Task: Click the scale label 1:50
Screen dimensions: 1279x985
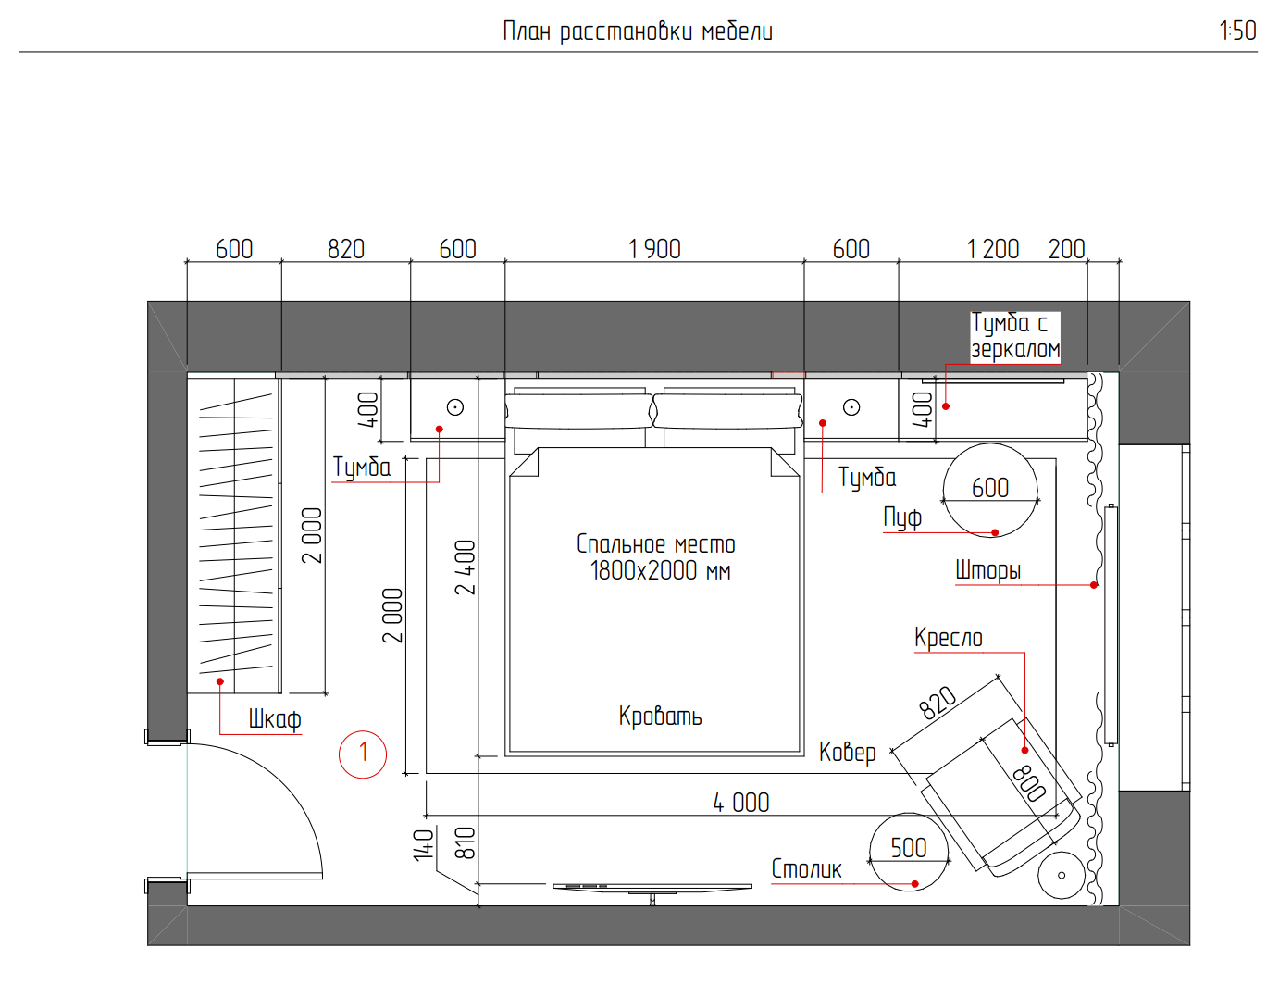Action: [1237, 31]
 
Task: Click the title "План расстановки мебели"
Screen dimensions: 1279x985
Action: [638, 32]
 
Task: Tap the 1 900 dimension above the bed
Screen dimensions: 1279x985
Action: [654, 249]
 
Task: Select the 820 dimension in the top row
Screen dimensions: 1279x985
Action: [346, 249]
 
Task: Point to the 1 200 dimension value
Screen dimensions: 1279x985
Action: [993, 249]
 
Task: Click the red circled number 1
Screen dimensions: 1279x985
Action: [363, 754]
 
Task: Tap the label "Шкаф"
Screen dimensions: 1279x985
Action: [275, 719]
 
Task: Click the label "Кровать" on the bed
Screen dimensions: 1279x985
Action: [661, 716]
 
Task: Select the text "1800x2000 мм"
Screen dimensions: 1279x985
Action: [661, 571]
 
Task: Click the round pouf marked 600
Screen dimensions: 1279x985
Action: [990, 491]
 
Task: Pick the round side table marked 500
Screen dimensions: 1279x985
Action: [909, 852]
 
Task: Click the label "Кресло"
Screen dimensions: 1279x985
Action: [949, 638]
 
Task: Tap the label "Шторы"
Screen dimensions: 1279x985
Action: [987, 570]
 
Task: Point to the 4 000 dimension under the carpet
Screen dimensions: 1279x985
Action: [741, 803]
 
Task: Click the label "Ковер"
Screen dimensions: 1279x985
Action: [847, 753]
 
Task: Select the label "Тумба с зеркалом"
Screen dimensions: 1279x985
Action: [1014, 336]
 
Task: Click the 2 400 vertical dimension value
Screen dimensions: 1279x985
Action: [465, 567]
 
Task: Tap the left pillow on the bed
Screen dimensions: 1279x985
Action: [579, 411]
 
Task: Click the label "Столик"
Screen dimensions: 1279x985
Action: [806, 869]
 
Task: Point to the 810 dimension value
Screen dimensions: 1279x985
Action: [466, 843]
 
